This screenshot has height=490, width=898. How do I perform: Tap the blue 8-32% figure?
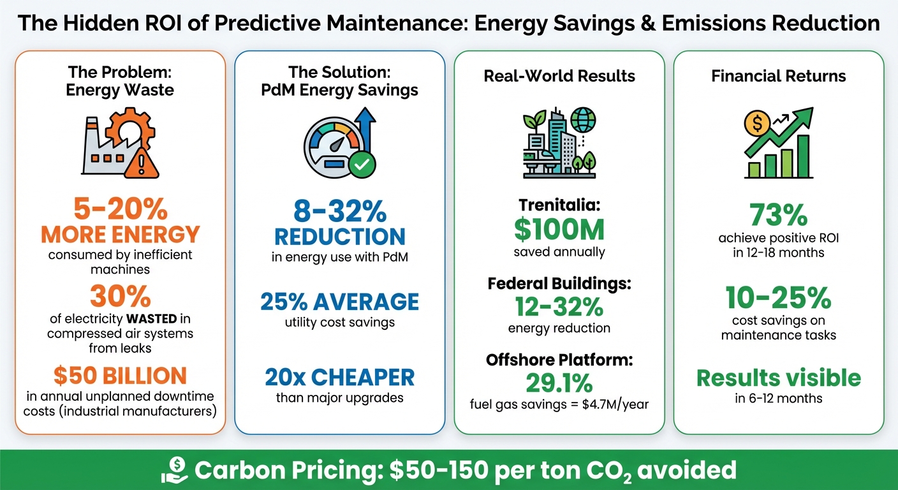pos(339,211)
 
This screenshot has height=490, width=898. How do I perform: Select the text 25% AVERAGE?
pos(339,301)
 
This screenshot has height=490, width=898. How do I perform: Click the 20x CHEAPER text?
pos(339,377)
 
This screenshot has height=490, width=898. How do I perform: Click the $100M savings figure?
pos(559,230)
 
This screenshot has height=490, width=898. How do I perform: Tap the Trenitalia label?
pos(559,206)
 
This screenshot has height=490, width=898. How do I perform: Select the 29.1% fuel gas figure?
pos(559,383)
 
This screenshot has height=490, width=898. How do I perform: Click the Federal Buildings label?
pos(559,283)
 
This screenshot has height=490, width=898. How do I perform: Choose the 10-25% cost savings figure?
pos(778,297)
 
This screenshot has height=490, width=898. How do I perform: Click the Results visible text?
pos(778,378)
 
